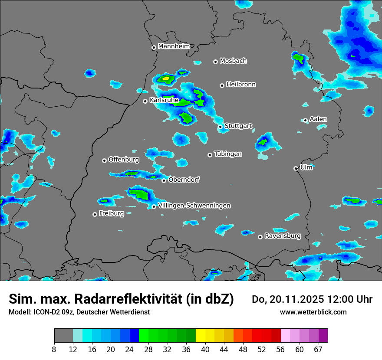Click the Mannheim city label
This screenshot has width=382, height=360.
[174, 46]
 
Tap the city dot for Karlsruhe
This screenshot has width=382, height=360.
[145, 101]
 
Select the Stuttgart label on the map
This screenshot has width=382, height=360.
[238, 126]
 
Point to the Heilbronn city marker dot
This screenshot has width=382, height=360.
[222, 85]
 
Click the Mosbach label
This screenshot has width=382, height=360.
[233, 61]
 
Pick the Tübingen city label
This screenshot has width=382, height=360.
[228, 154]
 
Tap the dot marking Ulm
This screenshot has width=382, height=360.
[296, 168]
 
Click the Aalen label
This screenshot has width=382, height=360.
[318, 119]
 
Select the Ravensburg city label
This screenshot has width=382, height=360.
[283, 236]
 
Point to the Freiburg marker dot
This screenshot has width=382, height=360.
[95, 214]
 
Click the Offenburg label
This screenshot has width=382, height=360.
[124, 160]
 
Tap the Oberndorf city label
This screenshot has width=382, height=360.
[184, 180]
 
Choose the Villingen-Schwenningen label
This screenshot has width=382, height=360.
[194, 206]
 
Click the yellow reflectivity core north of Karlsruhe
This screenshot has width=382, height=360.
[165, 79]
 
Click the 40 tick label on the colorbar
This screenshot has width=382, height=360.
[205, 349]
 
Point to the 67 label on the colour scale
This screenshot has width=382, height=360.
[318, 349]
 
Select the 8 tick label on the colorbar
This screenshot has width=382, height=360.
[54, 349]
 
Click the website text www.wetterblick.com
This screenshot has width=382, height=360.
[313, 312]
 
